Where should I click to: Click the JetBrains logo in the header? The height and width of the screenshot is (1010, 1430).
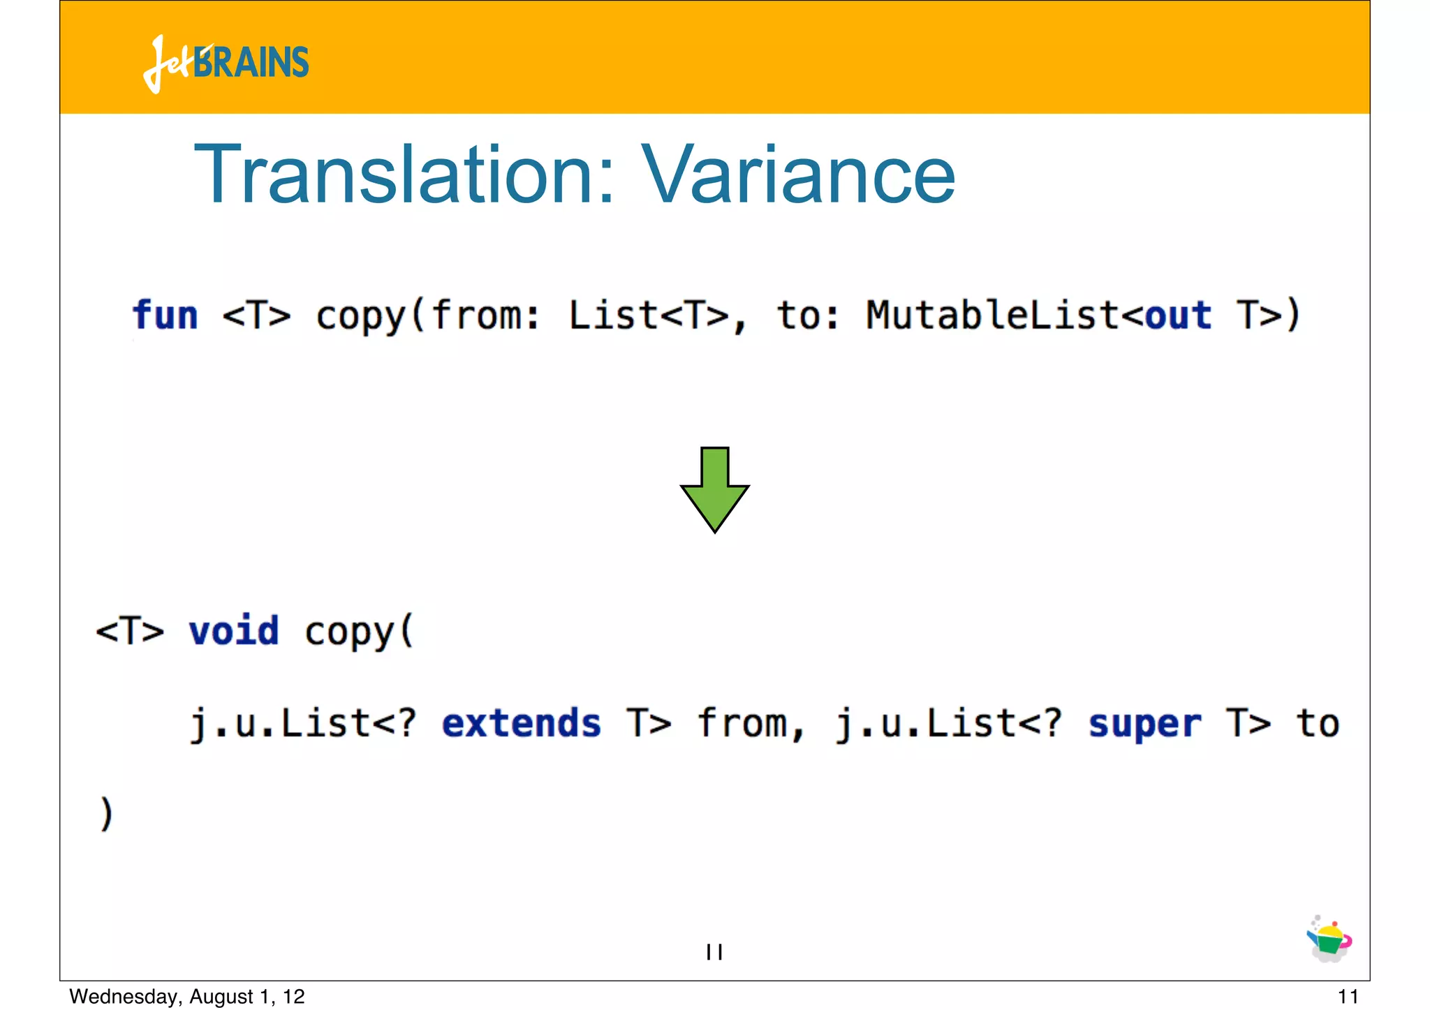(226, 63)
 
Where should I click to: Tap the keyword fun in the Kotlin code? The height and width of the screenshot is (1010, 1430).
(165, 315)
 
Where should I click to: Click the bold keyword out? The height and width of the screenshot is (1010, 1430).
(1178, 315)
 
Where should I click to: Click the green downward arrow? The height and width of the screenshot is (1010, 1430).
(714, 490)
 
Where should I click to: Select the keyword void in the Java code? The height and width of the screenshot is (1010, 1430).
(234, 631)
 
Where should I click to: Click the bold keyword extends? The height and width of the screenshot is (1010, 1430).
(521, 723)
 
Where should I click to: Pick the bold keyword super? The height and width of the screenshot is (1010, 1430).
(1145, 723)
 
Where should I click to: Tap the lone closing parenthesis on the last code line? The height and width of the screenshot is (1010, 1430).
(106, 815)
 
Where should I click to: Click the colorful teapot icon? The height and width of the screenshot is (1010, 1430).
(1329, 940)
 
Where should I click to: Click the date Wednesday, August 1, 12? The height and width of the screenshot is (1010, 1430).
(187, 996)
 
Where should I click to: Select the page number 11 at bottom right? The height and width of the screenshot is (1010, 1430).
(1348, 996)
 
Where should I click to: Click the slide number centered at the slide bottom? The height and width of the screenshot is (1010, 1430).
(714, 951)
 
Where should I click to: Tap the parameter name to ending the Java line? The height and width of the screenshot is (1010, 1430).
(1318, 723)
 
